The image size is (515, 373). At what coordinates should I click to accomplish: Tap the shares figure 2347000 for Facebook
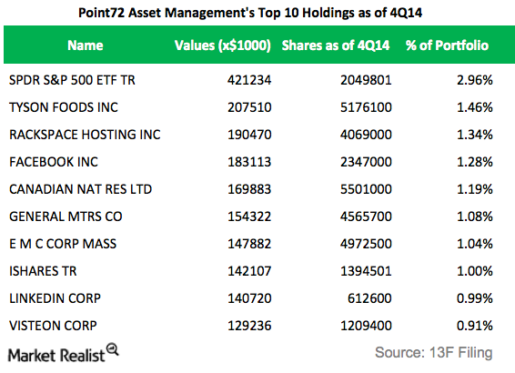(x=365, y=162)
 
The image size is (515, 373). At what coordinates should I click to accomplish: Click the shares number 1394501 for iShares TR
(x=365, y=271)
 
